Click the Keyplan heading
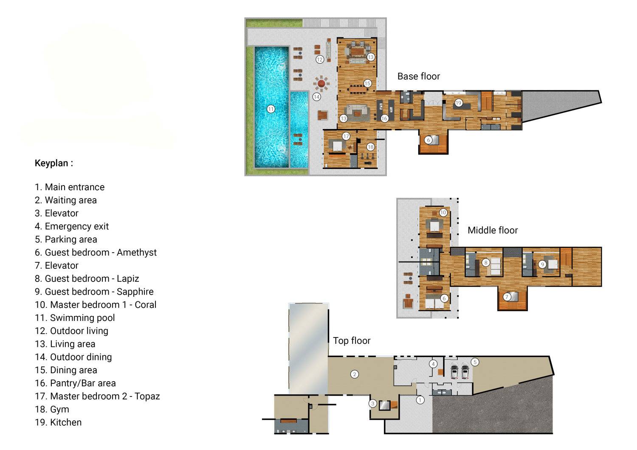(54, 163)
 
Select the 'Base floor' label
(418, 76)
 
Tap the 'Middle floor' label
(493, 231)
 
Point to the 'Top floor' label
(352, 341)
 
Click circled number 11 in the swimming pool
(271, 109)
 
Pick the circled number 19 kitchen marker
(458, 103)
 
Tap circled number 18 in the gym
(370, 147)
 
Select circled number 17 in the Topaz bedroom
(346, 136)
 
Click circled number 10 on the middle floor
(443, 212)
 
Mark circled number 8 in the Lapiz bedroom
(486, 263)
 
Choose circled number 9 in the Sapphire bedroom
(542, 264)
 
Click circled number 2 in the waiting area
(354, 374)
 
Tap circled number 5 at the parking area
(475, 362)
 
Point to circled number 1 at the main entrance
(420, 400)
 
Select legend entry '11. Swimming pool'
(75, 318)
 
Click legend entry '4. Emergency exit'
(72, 226)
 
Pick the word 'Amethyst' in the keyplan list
(136, 253)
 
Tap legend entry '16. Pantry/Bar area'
(75, 383)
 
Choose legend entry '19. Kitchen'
(58, 422)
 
